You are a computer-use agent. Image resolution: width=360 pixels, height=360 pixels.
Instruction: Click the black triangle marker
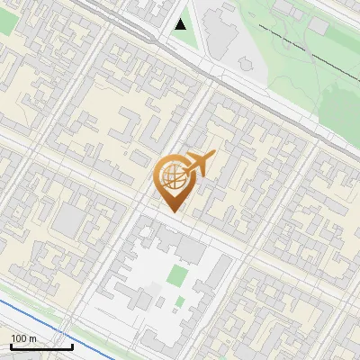point(182,23)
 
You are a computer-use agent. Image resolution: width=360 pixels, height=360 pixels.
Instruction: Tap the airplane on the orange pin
point(199,165)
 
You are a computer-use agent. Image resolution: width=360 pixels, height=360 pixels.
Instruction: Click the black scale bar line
point(41,346)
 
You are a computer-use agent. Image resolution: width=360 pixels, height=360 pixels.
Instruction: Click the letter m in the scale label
point(32,338)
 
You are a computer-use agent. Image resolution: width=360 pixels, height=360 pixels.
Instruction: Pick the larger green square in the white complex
point(179,276)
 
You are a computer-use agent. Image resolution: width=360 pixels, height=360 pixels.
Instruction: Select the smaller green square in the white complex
point(180,301)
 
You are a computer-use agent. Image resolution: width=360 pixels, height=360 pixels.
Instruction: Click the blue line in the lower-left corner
point(27,311)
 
